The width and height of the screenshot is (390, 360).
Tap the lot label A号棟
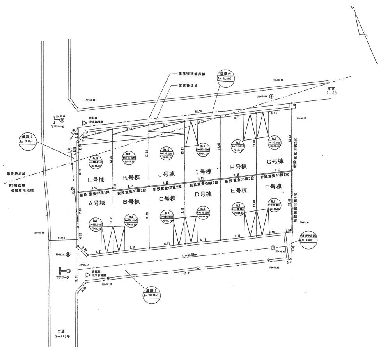click(x=97, y=203)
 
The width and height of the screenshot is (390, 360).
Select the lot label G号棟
click(x=274, y=161)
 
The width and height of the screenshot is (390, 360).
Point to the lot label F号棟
click(x=273, y=187)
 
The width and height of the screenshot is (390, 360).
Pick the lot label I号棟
click(x=203, y=171)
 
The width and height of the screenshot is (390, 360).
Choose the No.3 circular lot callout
click(x=166, y=216)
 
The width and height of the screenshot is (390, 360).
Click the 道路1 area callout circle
click(x=151, y=293)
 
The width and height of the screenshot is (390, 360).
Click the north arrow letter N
click(x=352, y=7)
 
